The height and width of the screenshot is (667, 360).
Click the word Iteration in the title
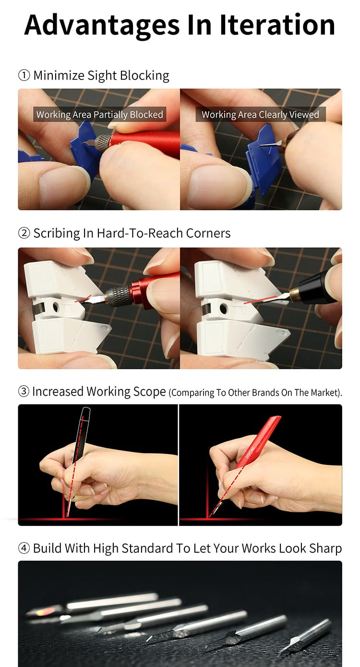click(x=277, y=24)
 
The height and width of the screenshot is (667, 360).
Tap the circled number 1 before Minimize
click(x=24, y=75)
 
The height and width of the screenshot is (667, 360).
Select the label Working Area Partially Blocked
click(x=100, y=114)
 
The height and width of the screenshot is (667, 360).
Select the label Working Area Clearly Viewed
click(x=260, y=114)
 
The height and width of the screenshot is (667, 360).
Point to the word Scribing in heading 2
click(x=57, y=233)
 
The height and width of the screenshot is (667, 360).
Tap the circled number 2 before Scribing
click(x=24, y=233)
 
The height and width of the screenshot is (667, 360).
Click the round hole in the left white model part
click(x=56, y=307)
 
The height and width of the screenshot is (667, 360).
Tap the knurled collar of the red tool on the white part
click(x=118, y=295)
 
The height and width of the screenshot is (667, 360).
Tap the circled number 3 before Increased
click(x=24, y=391)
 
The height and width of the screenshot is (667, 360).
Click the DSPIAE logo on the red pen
click(x=250, y=453)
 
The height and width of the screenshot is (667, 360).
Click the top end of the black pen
click(x=86, y=408)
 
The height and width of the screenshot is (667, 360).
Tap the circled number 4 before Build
click(x=24, y=548)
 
